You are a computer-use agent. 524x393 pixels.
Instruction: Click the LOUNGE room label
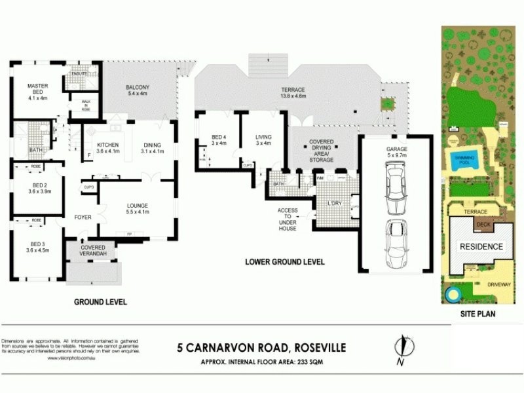coord(138,208)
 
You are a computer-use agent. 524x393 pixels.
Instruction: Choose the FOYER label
coord(83,217)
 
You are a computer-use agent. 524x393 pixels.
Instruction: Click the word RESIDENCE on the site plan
coord(481,247)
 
